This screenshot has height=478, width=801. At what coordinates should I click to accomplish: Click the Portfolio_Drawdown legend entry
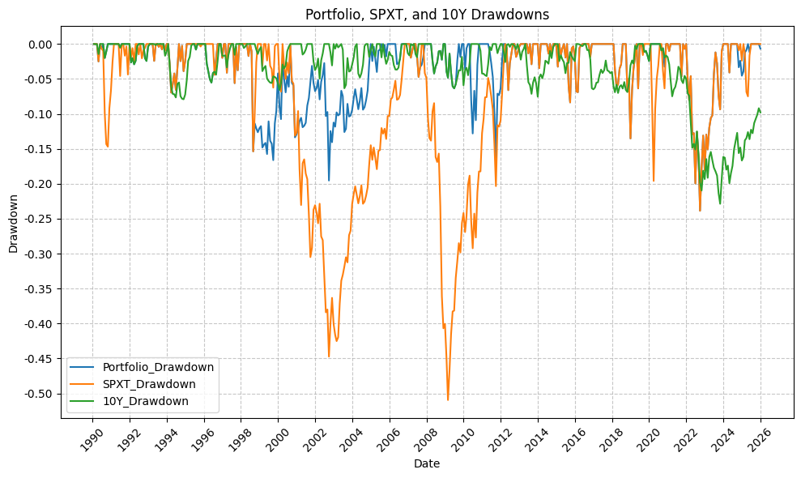pos(164,367)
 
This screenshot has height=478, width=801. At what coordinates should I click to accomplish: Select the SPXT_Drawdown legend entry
pos(155,384)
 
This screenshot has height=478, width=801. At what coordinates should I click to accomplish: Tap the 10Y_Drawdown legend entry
pos(151,401)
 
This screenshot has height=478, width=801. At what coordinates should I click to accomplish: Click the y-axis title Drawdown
pos(13,223)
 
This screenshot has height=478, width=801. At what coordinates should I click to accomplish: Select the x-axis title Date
pos(426,463)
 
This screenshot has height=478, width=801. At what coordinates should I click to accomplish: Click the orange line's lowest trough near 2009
pos(448,400)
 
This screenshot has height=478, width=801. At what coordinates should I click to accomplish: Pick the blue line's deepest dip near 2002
pos(329,181)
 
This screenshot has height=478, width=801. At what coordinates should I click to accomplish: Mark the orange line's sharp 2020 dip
pos(654,181)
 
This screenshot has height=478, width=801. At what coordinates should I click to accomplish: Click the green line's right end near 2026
pos(761,112)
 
